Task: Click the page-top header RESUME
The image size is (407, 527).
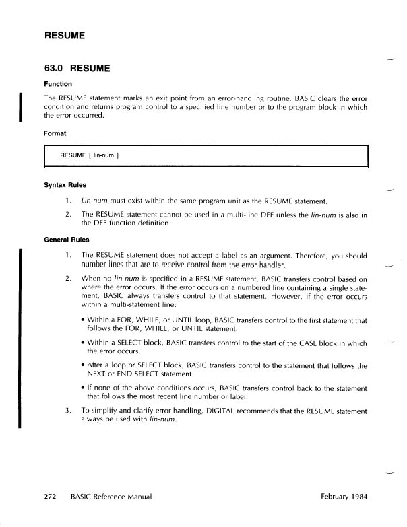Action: [x=65, y=34]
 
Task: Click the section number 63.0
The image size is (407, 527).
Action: [x=55, y=69]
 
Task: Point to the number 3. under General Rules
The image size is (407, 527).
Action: [x=68, y=410]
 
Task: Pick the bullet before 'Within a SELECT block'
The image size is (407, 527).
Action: [x=82, y=343]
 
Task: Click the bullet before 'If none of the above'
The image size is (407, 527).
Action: [x=82, y=388]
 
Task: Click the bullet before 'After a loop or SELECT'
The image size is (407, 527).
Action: [x=82, y=366]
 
